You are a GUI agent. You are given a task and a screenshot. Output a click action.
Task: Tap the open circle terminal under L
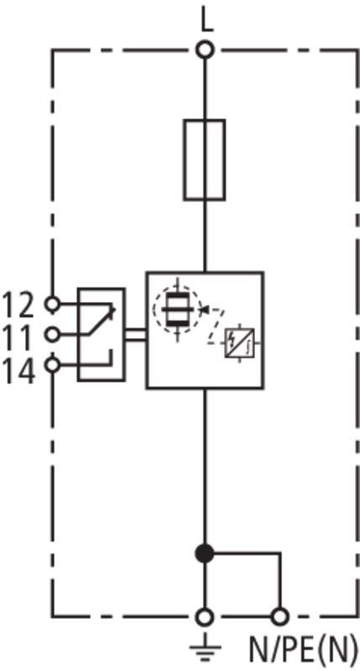[205, 49]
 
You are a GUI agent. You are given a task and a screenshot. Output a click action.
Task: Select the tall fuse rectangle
[205, 160]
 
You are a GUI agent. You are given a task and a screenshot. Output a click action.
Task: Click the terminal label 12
[18, 305]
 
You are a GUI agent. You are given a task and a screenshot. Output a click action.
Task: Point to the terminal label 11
[18, 338]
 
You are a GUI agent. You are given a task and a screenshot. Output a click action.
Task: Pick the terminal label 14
[18, 371]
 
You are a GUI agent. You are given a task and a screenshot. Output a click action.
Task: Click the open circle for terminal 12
[52, 304]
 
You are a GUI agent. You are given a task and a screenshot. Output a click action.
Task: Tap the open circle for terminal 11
[52, 335]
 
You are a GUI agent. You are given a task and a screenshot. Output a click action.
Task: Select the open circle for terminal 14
[52, 366]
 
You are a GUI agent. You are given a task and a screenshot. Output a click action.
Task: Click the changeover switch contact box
[102, 334]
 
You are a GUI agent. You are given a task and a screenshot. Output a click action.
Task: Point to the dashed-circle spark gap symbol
[178, 306]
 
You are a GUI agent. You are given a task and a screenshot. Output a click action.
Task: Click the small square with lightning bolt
[240, 343]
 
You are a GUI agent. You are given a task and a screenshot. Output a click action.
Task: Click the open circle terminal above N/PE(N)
[280, 617]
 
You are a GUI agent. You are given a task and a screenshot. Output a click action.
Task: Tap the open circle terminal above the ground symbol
[205, 617]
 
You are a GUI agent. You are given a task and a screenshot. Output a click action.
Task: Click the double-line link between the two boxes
[136, 335]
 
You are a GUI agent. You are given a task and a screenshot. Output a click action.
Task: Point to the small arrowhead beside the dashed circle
[203, 307]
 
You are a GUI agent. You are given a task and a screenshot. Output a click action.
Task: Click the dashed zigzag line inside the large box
[217, 325]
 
